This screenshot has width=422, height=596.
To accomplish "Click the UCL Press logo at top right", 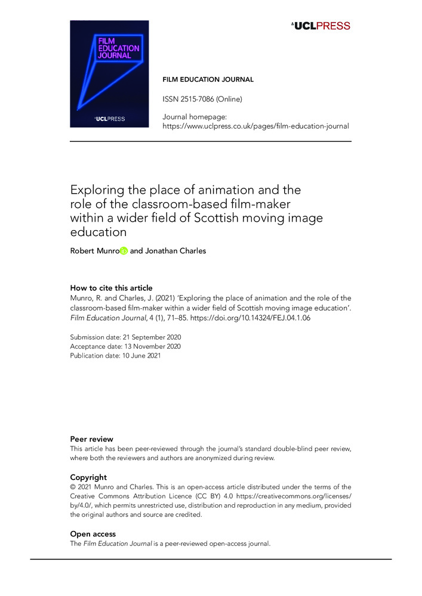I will [321, 26].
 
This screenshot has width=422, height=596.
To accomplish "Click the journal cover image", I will [109, 74].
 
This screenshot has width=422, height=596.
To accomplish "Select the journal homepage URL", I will [255, 126].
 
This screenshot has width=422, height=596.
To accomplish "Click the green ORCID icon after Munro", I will [124, 251].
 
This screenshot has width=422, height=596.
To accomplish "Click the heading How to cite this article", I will [111, 288].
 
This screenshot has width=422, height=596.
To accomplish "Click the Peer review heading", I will [91, 439].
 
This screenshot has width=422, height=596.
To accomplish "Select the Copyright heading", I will [88, 477].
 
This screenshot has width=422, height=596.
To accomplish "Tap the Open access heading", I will [93, 534].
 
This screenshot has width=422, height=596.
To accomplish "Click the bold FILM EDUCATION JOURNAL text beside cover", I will [208, 79].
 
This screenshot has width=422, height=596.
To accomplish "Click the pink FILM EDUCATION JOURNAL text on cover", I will [118, 48].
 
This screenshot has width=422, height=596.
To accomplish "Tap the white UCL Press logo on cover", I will [109, 119].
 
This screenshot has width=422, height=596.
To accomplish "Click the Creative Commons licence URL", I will [300, 496].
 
